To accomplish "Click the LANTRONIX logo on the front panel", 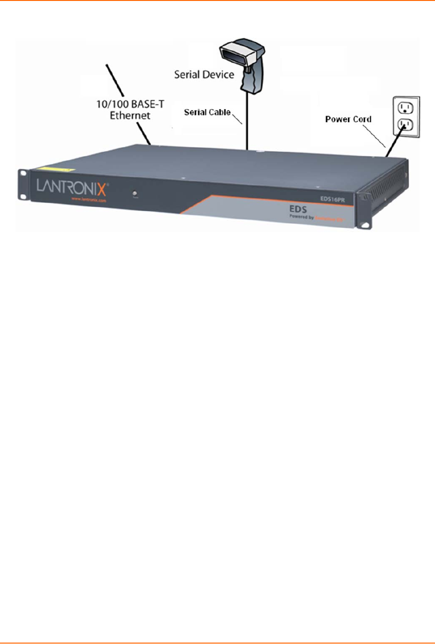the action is (x=72, y=188).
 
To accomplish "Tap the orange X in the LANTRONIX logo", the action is (x=101, y=189).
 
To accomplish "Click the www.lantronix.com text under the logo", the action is (x=88, y=200).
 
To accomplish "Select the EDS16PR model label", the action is (x=332, y=199).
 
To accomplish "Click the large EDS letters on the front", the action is (x=298, y=209).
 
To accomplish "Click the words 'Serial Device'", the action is (x=204, y=75).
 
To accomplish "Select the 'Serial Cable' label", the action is (x=207, y=112).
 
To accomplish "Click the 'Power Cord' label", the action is (x=348, y=119).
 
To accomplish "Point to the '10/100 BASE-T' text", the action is (x=130, y=104).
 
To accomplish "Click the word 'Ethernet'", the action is (x=130, y=115).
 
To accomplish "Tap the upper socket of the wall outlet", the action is (x=406, y=108).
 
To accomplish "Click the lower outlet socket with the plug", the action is (x=406, y=124).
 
